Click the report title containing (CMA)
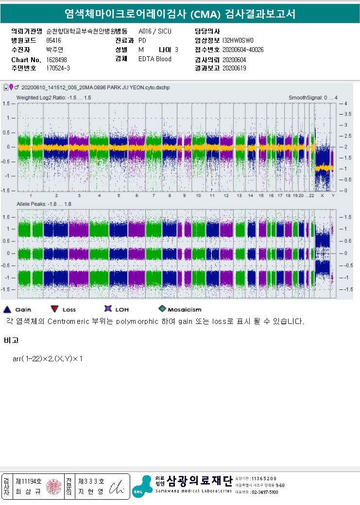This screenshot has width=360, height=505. (x=180, y=14)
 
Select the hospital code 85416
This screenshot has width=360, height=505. (x=53, y=40)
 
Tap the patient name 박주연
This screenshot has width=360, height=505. (x=55, y=50)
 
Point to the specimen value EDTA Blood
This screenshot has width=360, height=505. (x=155, y=59)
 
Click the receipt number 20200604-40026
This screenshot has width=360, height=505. (x=243, y=50)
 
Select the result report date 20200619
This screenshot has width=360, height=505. (x=234, y=68)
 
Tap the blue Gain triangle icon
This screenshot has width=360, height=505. (x=7, y=309)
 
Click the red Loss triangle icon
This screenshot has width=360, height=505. (x=53, y=309)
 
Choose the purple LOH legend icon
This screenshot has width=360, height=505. (x=108, y=309)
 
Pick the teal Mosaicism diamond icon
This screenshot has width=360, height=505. (x=162, y=309)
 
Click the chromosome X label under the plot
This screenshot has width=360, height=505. (x=322, y=195)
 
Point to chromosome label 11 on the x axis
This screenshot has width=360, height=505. (x=212, y=195)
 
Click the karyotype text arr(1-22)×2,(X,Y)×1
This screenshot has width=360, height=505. (x=48, y=359)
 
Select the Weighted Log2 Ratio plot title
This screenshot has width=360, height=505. (x=54, y=98)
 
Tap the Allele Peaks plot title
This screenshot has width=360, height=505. (x=44, y=204)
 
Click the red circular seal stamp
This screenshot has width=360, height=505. (x=53, y=487)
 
